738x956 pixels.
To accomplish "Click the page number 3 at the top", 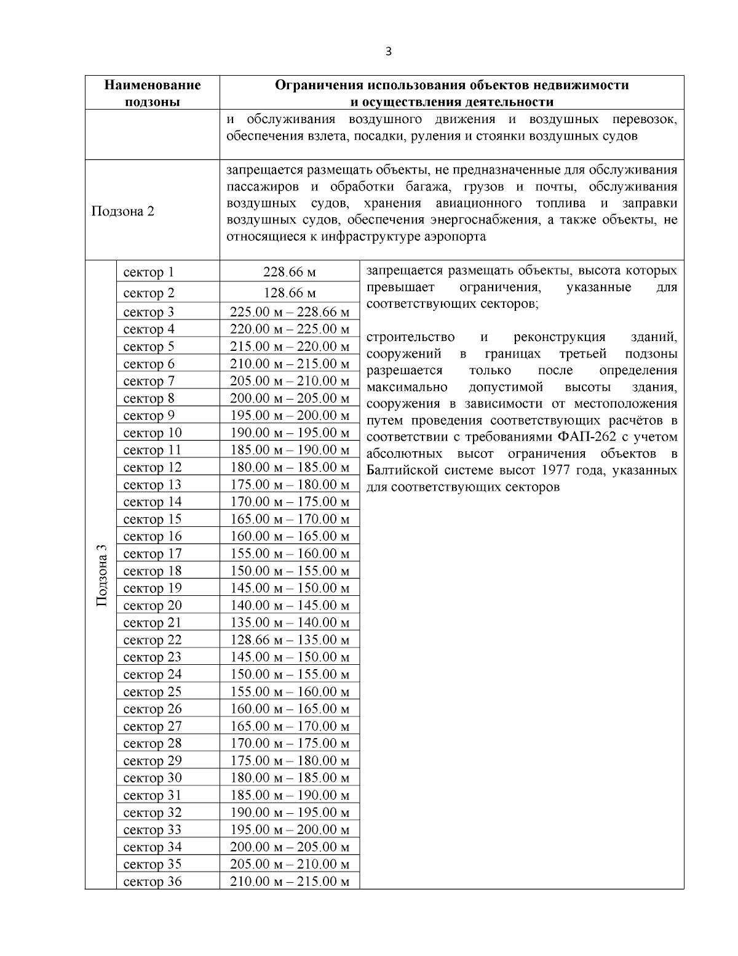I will (x=387, y=51).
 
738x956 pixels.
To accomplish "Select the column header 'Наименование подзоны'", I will (x=152, y=93).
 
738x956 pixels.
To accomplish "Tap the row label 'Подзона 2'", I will (x=122, y=211).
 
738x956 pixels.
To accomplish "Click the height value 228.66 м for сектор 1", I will (x=289, y=272).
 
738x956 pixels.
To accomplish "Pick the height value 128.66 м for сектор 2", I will (x=289, y=292).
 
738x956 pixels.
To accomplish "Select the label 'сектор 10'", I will (x=153, y=433).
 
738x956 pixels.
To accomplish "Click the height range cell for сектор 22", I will (x=289, y=640).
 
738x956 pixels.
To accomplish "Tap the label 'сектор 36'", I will (x=153, y=882).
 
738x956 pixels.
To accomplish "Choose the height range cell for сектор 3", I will (x=289, y=312).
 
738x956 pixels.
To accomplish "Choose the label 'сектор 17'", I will (x=153, y=553).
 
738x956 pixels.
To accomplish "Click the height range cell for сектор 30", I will (x=289, y=777).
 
